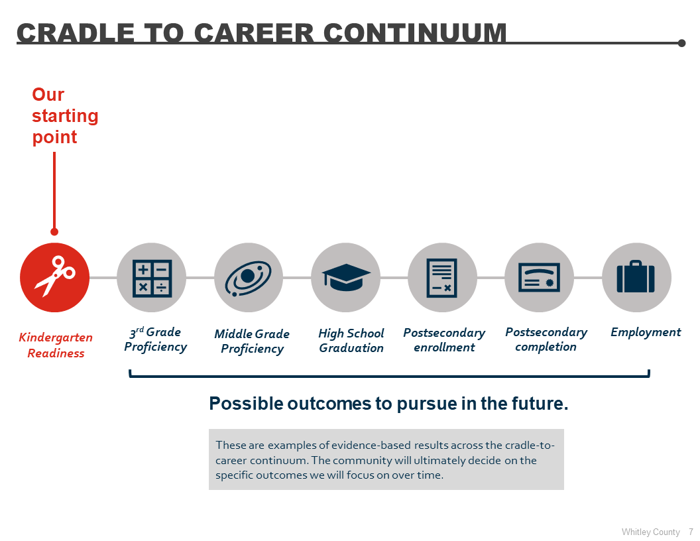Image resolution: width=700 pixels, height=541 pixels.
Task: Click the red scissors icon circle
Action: (x=54, y=277)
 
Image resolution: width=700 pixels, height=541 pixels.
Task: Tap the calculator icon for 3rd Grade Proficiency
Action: (x=151, y=277)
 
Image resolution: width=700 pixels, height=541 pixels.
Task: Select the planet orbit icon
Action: (x=248, y=277)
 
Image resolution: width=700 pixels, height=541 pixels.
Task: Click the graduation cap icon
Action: (x=345, y=277)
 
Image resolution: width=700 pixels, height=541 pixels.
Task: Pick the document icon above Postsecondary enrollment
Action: (x=442, y=277)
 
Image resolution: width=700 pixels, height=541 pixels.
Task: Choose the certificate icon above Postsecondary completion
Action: (x=539, y=277)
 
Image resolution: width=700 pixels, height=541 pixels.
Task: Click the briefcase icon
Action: (x=636, y=277)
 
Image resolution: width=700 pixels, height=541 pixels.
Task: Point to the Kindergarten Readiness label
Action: (x=56, y=345)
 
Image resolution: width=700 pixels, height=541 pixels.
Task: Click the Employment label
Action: (x=645, y=332)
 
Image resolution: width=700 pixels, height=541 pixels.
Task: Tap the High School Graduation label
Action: (x=351, y=341)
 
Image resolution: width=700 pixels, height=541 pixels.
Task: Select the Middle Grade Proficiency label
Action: (x=252, y=341)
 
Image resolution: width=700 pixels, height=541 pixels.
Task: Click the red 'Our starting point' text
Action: (x=64, y=116)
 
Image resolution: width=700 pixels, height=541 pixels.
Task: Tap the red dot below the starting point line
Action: (x=54, y=231)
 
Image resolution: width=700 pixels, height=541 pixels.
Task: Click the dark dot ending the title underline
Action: (x=681, y=43)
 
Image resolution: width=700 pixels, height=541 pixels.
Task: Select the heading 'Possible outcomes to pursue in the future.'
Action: (x=388, y=404)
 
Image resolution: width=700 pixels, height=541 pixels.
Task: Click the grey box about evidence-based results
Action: (x=386, y=460)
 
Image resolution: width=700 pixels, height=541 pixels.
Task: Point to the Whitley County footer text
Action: (x=650, y=532)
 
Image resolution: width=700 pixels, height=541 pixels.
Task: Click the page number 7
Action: (x=691, y=532)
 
